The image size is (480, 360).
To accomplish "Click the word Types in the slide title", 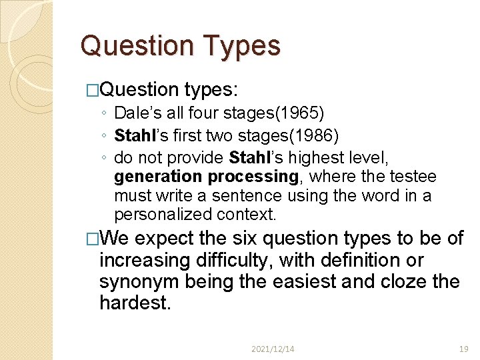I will pyautogui.click(x=243, y=46).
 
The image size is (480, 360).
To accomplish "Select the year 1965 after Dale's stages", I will pyautogui.click(x=309, y=114).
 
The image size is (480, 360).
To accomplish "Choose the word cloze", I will pyautogui.click(x=402, y=282).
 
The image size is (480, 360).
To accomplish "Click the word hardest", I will pyautogui.click(x=135, y=303).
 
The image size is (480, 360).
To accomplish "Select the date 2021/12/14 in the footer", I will pyautogui.click(x=273, y=349).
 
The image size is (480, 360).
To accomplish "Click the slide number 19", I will pyautogui.click(x=463, y=349).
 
